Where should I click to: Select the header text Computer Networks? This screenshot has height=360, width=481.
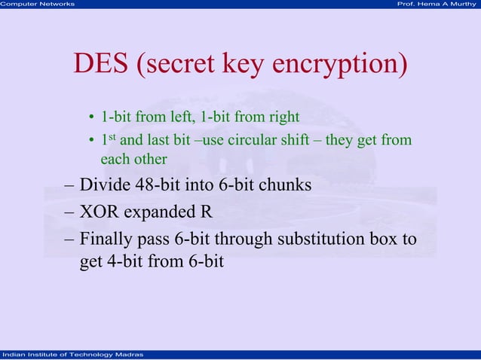(x=38, y=5)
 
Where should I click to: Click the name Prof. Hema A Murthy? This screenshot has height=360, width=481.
(x=438, y=5)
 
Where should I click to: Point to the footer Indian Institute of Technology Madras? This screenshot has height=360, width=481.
(x=69, y=354)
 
